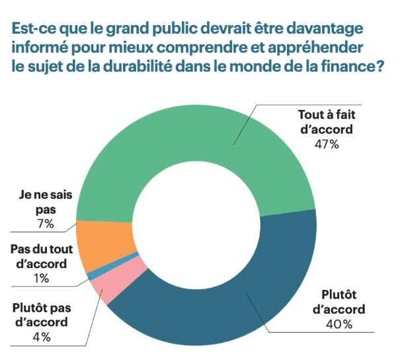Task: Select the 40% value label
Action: tap(339, 324)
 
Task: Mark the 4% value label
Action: tap(40, 337)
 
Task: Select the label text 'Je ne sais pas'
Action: tap(46, 202)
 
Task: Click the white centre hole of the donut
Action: tap(196, 225)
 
